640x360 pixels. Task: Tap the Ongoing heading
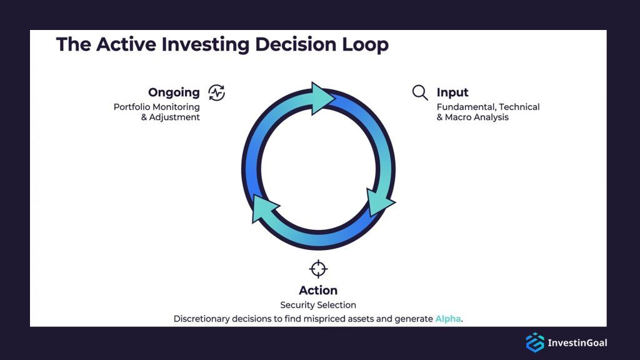coord(174,92)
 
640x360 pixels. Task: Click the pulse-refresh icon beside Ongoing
coord(216,92)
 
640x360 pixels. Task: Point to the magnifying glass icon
coord(420,92)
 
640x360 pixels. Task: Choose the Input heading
coord(452,93)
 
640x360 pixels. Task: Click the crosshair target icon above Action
coord(318,269)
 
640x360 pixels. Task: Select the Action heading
coord(318,290)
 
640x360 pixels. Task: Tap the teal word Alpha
coord(448,319)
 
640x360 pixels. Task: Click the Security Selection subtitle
coord(318,305)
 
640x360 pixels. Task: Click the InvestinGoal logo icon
coord(535,342)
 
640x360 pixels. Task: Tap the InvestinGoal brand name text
coord(577,342)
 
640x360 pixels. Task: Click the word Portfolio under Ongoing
coord(131,107)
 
